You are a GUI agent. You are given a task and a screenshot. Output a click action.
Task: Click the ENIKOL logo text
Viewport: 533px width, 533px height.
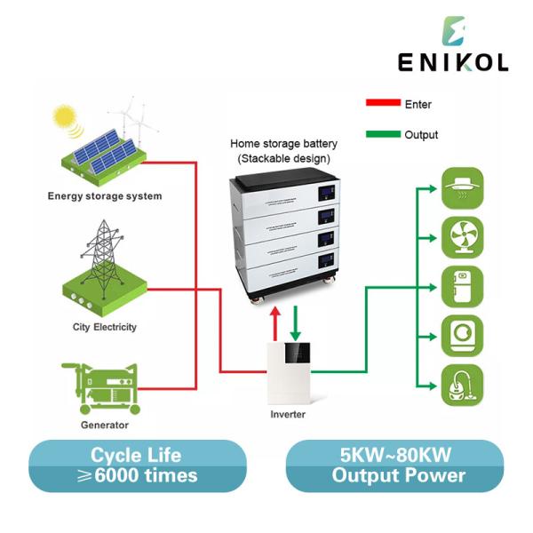453,62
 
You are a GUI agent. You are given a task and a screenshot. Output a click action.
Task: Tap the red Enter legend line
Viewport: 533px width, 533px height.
383,103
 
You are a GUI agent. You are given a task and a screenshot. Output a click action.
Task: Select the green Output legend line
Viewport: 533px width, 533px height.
383,135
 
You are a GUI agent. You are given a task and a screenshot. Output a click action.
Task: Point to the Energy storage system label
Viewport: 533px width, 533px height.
105,195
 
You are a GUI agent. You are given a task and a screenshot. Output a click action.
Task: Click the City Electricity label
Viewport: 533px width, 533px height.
105,327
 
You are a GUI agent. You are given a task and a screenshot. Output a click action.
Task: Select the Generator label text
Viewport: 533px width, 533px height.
105,425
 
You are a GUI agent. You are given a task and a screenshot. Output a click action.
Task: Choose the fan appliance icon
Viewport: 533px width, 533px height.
462,237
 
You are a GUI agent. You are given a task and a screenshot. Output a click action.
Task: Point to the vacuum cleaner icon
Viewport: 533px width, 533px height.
462,388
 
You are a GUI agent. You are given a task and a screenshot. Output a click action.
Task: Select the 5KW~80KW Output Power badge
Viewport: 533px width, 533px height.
398,466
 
